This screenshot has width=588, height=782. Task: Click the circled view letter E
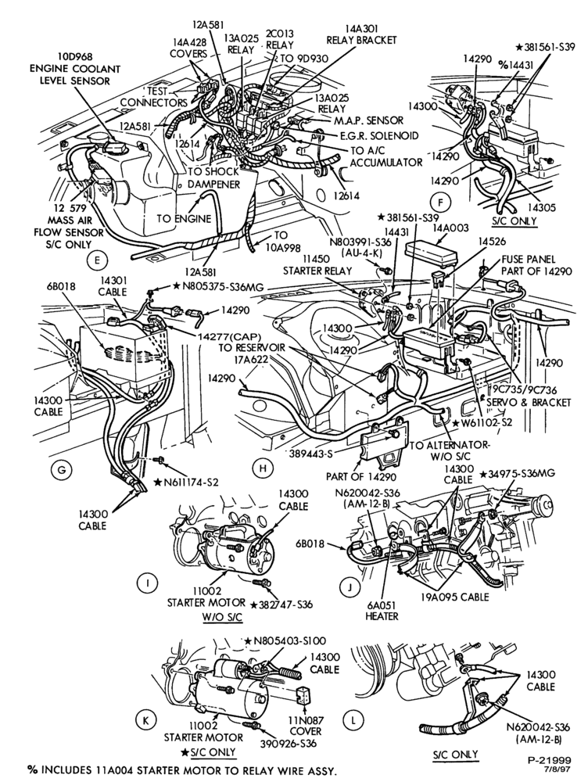[96, 260]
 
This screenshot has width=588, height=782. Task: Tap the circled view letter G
[63, 469]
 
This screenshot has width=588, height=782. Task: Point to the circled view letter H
[262, 468]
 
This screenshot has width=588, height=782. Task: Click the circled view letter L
[353, 719]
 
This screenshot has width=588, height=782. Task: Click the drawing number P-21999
[550, 760]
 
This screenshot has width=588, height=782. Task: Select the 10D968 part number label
[74, 57]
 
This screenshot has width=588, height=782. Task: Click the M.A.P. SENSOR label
[370, 120]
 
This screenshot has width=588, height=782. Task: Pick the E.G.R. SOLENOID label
[379, 135]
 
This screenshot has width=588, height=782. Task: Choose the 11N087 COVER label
[306, 726]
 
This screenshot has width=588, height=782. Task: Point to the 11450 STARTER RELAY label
[317, 265]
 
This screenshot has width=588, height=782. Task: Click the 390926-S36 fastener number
[288, 743]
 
